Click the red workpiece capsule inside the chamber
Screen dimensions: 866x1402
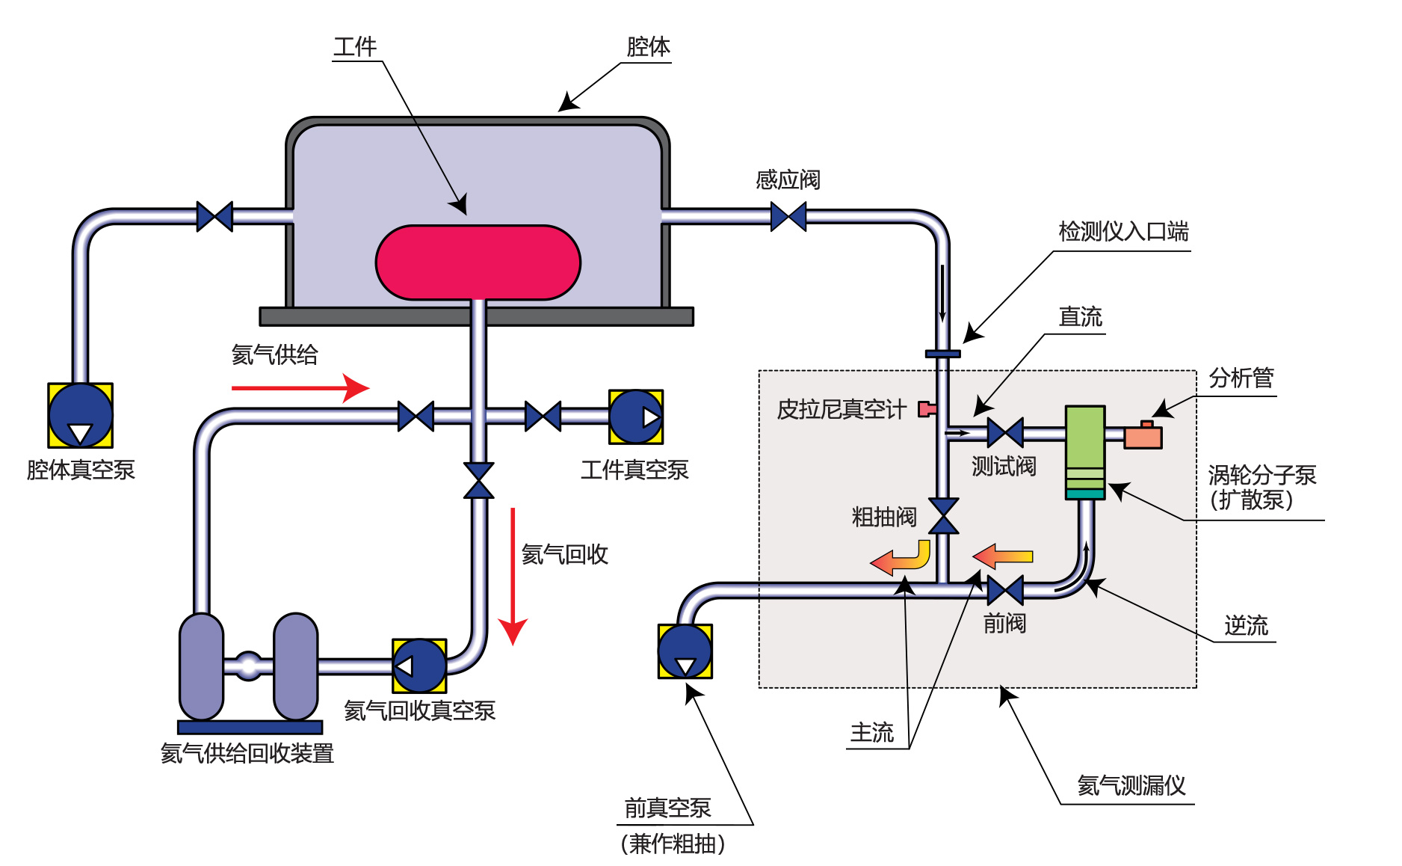click(478, 262)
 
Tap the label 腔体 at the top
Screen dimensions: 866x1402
click(648, 47)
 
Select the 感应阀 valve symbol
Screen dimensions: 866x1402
click(788, 217)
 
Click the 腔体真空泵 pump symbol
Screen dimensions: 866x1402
click(81, 416)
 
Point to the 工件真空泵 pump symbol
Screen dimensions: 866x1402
click(636, 417)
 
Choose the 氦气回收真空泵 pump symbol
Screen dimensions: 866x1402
click(419, 666)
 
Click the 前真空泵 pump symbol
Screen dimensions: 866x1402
click(685, 651)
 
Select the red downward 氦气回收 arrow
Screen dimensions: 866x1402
click(513, 576)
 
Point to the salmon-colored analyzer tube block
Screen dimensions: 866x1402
click(1143, 436)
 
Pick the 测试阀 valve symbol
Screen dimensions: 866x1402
click(1005, 432)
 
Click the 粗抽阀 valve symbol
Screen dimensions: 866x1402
click(944, 516)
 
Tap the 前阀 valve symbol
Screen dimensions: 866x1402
click(1005, 590)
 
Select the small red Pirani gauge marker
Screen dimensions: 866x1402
click(927, 408)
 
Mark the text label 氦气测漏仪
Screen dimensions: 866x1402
click(1131, 785)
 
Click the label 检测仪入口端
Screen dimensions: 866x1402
click(1123, 232)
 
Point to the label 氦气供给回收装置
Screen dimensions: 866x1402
click(247, 753)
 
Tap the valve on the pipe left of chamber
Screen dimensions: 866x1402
click(214, 217)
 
